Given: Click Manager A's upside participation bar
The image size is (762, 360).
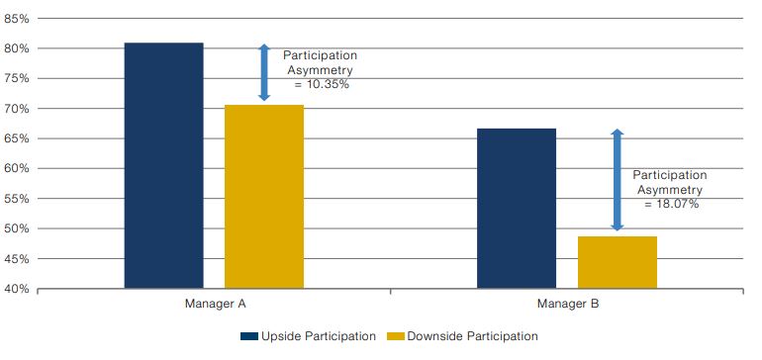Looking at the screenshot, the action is pos(163,166).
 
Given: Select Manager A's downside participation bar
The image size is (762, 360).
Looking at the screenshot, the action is pos(264,197).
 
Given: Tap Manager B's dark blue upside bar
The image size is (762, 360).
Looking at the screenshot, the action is pos(517,209).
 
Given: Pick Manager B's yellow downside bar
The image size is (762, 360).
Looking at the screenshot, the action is pos(618,262).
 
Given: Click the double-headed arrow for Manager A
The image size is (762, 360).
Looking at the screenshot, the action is pos(264,72).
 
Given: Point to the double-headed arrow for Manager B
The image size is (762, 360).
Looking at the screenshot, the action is pos(618,180).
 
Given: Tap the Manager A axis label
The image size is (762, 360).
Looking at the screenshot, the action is pos(216,305).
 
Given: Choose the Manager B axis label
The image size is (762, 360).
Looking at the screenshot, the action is pos(568,305).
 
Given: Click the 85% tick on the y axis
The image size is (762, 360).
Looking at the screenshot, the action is pos(17,19).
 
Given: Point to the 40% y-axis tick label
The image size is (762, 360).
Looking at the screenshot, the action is pos(17,289).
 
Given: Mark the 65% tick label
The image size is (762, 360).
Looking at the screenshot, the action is pos(17,138).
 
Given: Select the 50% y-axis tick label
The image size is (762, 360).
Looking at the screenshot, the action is pos(17,228).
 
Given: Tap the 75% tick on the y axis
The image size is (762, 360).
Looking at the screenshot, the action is pos(17,79).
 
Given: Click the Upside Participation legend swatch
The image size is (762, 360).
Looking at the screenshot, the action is pos(248,336).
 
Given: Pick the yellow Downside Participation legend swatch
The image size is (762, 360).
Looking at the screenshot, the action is pos(396,336).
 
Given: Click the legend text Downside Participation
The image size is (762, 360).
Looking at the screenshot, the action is pos(472,336).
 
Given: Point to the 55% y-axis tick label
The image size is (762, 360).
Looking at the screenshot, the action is pos(17,199).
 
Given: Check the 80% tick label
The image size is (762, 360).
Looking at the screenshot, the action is pos(17,48).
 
